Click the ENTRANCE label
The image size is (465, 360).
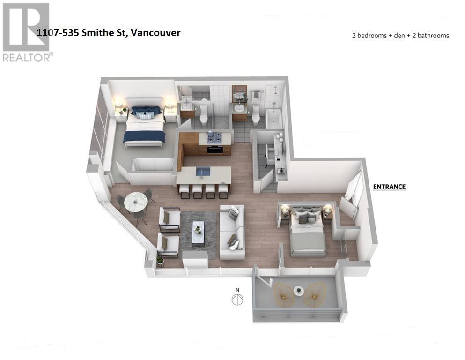[389, 187]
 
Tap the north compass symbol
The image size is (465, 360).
[238, 298]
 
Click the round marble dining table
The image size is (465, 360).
[136, 202]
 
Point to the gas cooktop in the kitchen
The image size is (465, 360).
[214, 138]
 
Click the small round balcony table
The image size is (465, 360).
[299, 291]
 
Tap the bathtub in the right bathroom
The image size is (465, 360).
[273, 120]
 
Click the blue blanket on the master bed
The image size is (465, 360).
[144, 136]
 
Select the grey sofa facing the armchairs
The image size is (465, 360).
[232, 232]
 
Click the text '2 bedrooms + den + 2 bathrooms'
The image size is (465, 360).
[400, 36]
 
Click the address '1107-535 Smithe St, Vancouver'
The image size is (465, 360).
[109, 32]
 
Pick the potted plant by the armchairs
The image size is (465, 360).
[161, 259]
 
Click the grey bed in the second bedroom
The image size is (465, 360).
[308, 234]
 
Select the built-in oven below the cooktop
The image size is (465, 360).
[214, 150]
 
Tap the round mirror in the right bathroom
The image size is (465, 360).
[239, 96]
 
